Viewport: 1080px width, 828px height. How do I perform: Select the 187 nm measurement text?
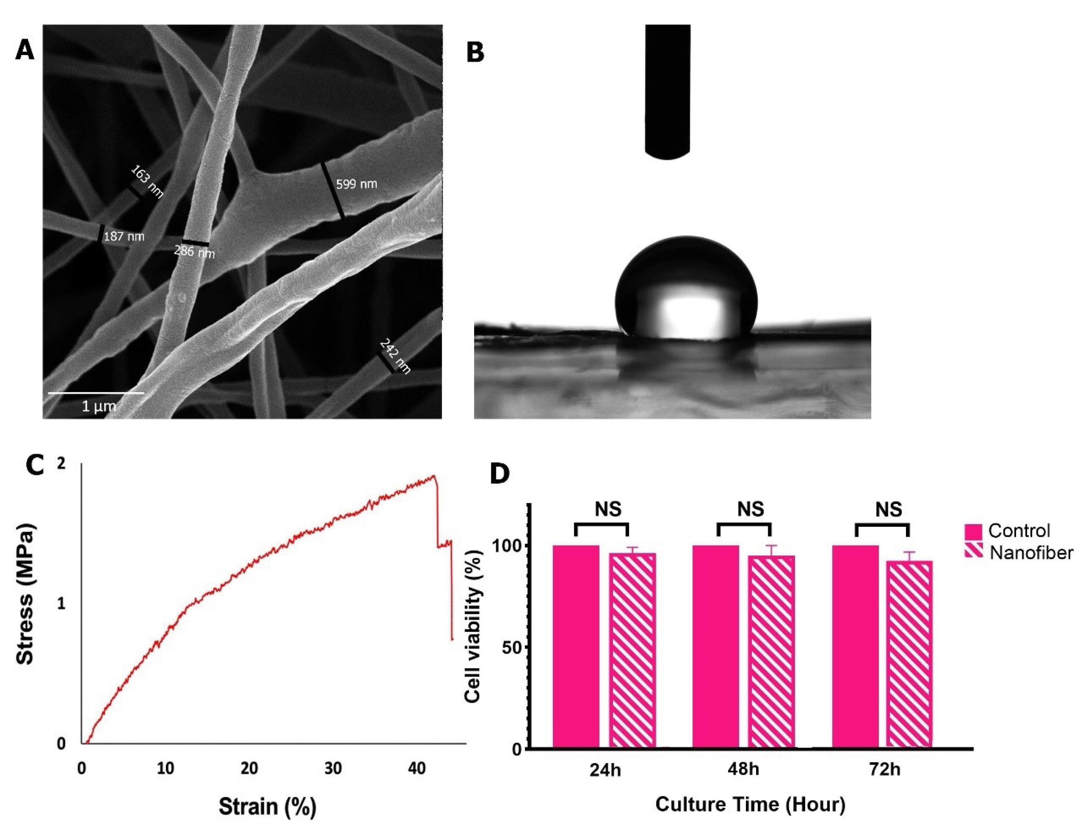click(124, 236)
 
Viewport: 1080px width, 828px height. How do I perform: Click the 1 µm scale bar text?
click(99, 406)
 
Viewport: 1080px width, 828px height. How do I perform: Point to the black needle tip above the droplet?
click(667, 153)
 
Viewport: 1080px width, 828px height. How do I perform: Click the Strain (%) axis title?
click(267, 807)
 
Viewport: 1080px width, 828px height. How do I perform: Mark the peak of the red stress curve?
click(433, 476)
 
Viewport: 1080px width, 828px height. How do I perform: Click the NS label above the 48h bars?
click(751, 509)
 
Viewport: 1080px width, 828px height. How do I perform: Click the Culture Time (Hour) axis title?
click(750, 804)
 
